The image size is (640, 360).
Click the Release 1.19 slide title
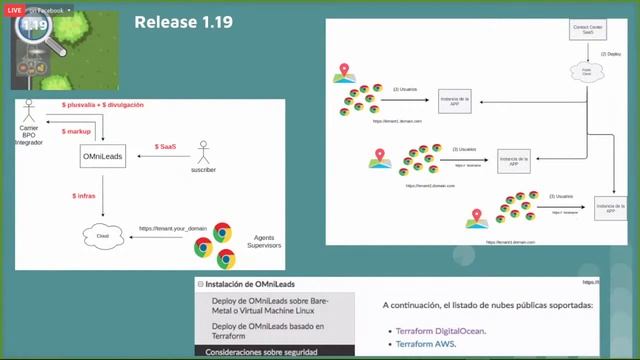point(183,21)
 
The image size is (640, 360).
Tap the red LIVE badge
point(16,9)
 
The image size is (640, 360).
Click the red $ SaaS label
point(165,147)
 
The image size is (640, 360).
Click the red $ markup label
point(77,131)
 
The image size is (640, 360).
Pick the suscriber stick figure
point(205,152)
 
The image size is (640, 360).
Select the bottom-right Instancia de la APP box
point(609,207)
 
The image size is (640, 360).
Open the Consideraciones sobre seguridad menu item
point(262,352)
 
